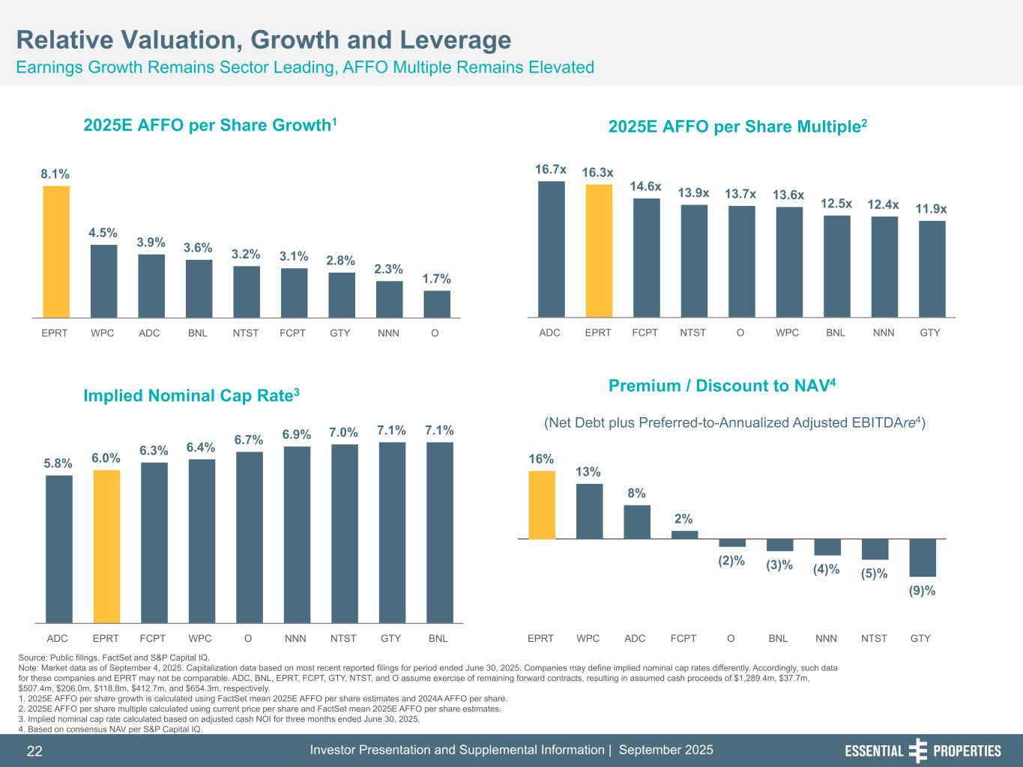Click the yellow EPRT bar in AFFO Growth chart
pos(56,252)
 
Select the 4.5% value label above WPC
pos(103,232)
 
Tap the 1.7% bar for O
pos(437,304)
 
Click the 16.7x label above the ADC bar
pos(551,170)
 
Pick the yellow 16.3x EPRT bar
pos(599,251)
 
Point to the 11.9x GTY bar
pos(932,269)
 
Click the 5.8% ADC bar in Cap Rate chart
pos(59,548)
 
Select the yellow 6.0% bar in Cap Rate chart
pos(106,546)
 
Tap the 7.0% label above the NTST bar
pos(344,432)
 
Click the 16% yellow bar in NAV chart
pos(542,504)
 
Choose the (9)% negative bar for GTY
pos(923,557)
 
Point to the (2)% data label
pos(731,561)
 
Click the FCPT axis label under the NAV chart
pos(683,639)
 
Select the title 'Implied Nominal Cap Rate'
pos(192,395)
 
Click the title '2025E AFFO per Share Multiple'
pos(737,127)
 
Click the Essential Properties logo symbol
pos(917,751)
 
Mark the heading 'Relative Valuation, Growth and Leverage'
pos(264,40)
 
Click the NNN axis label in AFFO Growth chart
pos(389,333)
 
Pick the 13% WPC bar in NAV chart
pos(589,511)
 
